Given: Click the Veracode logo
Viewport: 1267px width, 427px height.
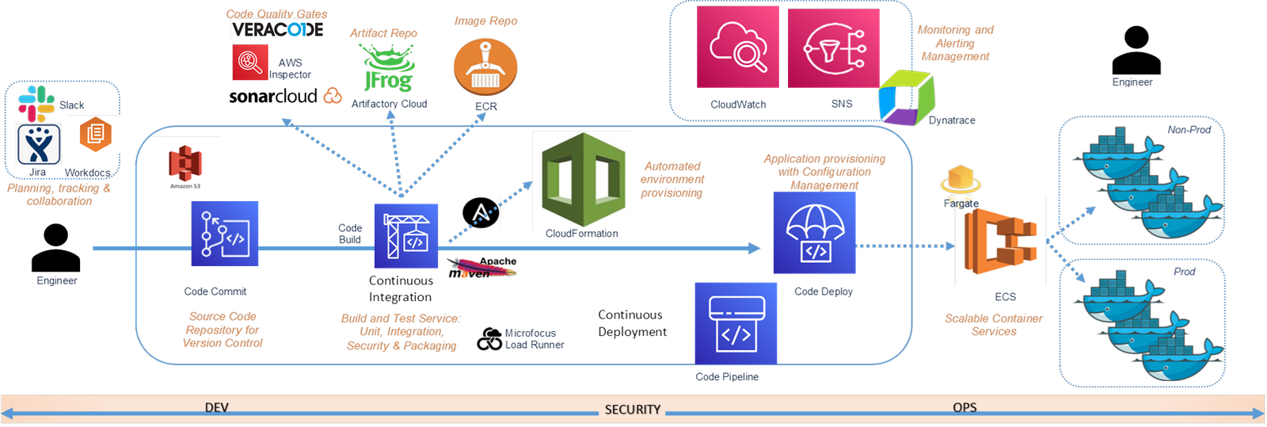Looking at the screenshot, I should pos(277,30).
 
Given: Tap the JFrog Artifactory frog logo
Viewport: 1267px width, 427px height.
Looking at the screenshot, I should pos(388,68).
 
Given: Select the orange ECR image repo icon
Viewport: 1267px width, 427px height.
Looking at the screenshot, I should pos(485,67).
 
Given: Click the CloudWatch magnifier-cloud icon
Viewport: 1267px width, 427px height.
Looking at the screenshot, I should pos(737,47).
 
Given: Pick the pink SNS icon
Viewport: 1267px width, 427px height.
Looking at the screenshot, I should pos(834,47).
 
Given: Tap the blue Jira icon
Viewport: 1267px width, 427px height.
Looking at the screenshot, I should pos(39,144).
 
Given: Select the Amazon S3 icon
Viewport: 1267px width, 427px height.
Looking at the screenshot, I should pos(186,167).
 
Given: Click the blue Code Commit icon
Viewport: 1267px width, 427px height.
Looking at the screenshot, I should pos(225,233).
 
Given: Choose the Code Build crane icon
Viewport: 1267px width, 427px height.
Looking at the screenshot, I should pos(406,236).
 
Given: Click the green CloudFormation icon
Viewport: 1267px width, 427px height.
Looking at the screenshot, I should pos(582,181).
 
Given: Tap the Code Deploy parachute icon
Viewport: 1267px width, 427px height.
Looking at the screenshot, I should pos(815,233).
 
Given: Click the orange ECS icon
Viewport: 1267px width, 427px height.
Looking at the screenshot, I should pos(1000,241).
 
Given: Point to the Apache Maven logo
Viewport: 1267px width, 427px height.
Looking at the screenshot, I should pos(481,268).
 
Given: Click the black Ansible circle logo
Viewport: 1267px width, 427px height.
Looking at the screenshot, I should pos(480,214).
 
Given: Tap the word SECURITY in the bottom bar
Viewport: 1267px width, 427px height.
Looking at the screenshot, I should pos(632,410).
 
